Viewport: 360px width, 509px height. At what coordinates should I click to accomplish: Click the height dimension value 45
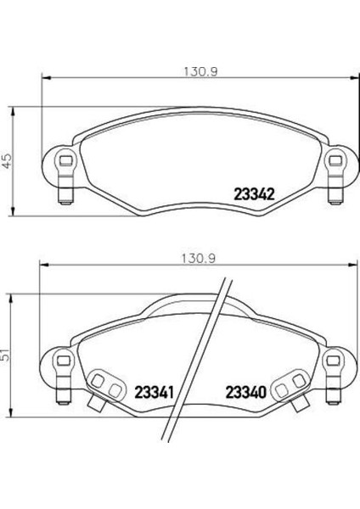coord(8,159)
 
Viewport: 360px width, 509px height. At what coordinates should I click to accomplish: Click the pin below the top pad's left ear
coord(61,197)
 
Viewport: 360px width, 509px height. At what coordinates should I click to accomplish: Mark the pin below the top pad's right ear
coord(334,197)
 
